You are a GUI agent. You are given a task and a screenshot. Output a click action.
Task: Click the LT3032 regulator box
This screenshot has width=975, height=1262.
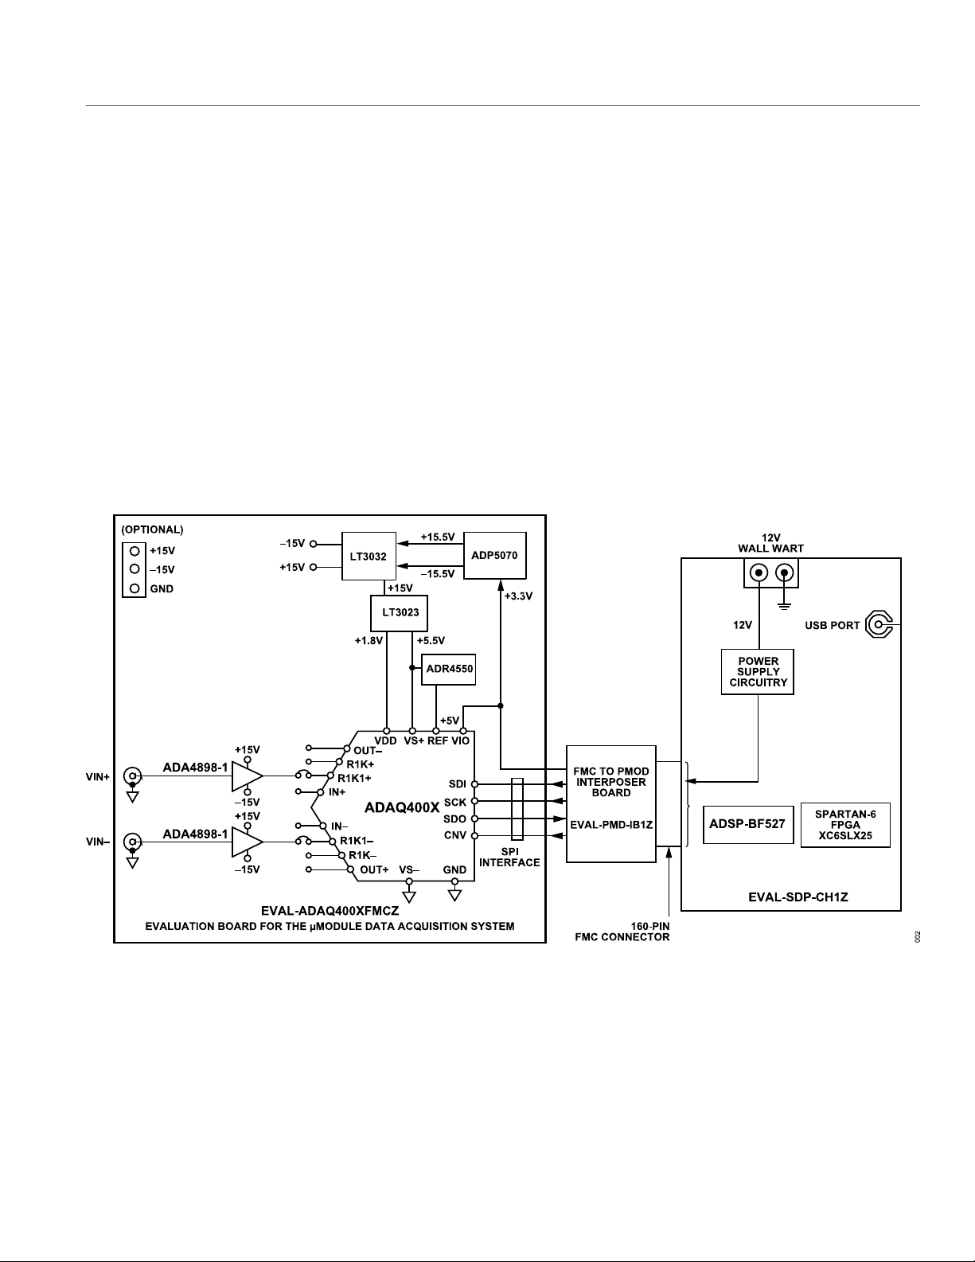[369, 556]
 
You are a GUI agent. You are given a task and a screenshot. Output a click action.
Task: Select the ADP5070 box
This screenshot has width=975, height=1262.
[494, 555]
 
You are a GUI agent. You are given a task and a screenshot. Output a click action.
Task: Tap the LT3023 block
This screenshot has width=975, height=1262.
[399, 613]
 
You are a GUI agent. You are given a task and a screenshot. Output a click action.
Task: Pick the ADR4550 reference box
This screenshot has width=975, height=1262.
[449, 669]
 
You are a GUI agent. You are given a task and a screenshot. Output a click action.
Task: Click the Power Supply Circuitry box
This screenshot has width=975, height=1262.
[758, 671]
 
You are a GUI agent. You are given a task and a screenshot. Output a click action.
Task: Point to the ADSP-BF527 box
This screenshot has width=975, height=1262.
[748, 823]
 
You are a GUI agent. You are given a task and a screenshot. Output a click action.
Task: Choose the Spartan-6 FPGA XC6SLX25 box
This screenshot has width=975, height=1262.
[845, 825]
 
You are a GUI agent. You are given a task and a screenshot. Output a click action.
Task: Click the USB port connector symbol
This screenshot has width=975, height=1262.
[879, 625]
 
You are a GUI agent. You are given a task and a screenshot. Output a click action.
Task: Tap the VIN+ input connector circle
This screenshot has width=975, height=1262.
[133, 776]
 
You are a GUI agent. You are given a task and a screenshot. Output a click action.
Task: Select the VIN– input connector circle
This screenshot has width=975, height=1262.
[133, 842]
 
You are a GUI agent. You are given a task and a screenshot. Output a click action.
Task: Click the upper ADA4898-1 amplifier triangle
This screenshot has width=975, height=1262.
[248, 776]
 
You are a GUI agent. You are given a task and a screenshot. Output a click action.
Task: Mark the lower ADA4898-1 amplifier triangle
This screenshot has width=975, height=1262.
[248, 842]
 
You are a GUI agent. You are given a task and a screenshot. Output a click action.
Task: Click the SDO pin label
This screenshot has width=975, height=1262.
[455, 819]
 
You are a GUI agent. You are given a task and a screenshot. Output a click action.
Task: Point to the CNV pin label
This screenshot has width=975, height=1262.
[455, 836]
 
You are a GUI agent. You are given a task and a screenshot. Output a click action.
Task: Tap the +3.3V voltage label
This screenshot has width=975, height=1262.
[518, 596]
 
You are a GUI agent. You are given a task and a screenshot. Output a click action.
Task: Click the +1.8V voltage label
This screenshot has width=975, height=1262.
[369, 641]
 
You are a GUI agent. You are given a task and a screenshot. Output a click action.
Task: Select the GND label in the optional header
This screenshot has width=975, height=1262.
[162, 589]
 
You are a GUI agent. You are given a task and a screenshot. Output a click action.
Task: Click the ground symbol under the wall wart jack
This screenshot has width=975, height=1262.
[784, 607]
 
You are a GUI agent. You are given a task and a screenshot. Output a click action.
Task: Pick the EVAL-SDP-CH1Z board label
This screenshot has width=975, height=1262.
[798, 897]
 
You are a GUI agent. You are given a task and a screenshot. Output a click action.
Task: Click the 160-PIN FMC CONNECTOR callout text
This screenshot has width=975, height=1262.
[622, 932]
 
